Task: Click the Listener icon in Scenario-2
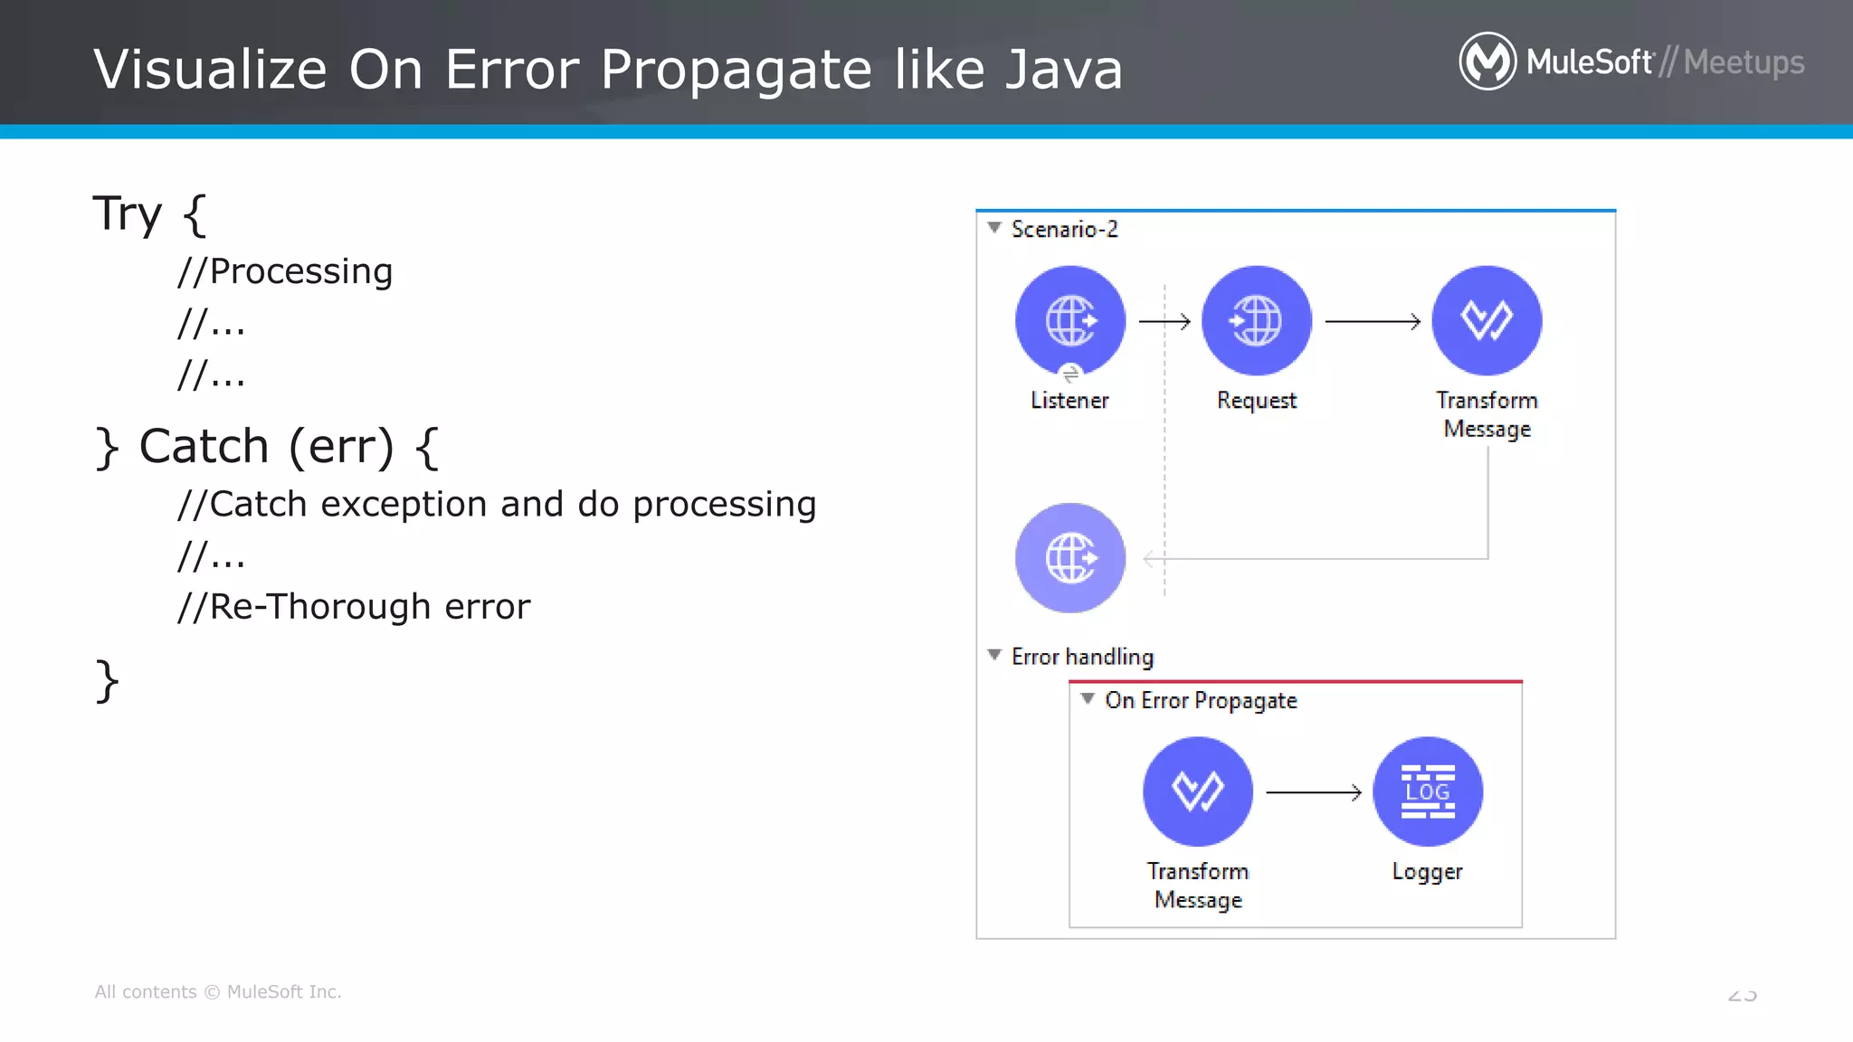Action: click(x=1070, y=320)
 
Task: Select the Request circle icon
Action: click(x=1256, y=320)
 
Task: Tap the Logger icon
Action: click(x=1427, y=791)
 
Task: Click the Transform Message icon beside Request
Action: click(x=1487, y=320)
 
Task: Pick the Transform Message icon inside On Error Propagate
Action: click(x=1198, y=791)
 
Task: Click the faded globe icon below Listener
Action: click(x=1070, y=558)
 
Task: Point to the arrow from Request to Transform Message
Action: click(x=1373, y=321)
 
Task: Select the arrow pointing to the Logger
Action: click(x=1314, y=792)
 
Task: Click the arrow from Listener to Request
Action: click(x=1164, y=321)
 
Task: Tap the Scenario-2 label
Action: click(x=1064, y=229)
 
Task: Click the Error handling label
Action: click(x=1082, y=657)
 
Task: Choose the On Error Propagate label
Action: click(x=1201, y=700)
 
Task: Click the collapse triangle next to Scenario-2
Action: click(x=994, y=228)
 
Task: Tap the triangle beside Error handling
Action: click(x=994, y=655)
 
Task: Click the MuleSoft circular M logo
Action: click(x=1487, y=62)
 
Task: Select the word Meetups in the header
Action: click(x=1744, y=62)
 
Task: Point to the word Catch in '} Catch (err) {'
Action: click(x=204, y=446)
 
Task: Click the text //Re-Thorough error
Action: click(x=354, y=606)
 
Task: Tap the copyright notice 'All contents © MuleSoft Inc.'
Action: click(x=218, y=991)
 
